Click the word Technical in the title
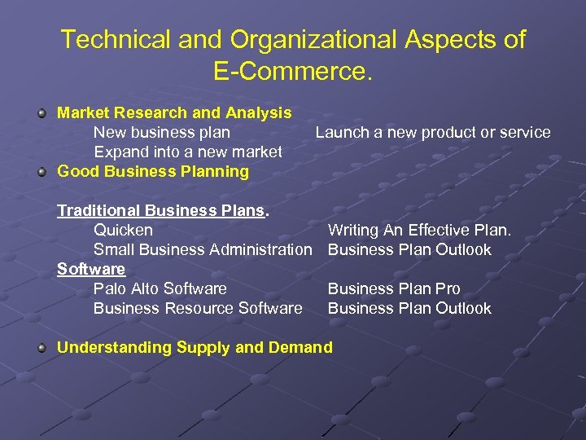(110, 39)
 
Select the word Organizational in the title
(294, 39)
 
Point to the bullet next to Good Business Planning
(42, 172)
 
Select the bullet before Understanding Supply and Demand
(42, 348)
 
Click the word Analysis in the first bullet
(260, 112)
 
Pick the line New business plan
(162, 132)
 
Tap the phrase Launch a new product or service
(433, 132)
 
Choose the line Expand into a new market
(188, 152)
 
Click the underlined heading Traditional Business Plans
(163, 210)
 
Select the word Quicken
(123, 230)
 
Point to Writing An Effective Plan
(419, 230)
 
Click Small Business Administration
(203, 249)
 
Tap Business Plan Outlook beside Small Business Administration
(409, 249)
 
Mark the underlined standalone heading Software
(91, 269)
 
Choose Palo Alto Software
(160, 288)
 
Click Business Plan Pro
(394, 288)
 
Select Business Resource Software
(198, 308)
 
